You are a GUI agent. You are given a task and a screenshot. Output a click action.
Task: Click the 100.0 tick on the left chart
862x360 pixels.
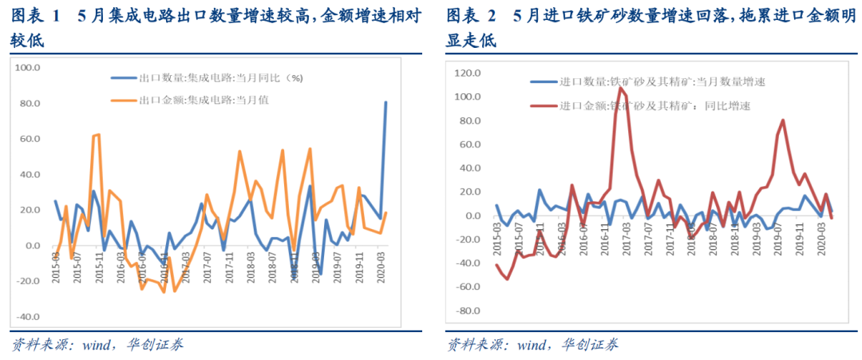point(29,68)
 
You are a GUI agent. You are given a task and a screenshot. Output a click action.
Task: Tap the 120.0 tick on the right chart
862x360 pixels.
point(465,73)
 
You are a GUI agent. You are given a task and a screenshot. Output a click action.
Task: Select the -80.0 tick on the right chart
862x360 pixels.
point(465,311)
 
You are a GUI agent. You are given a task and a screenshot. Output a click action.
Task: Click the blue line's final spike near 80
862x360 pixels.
point(386,102)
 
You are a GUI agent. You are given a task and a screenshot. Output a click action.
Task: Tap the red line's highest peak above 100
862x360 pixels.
point(620,87)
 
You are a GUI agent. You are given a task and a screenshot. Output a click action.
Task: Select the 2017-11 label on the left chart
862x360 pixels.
point(230,263)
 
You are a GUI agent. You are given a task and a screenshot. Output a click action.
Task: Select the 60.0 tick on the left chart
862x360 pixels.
point(30,139)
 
